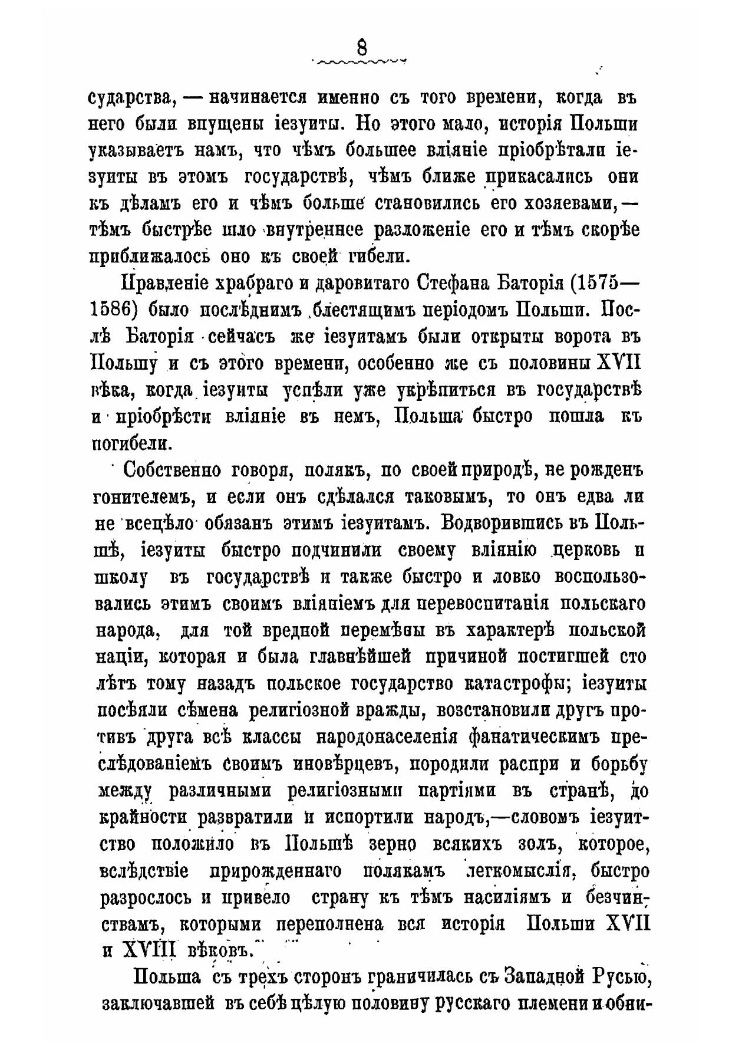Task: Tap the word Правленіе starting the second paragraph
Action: pos(164,285)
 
